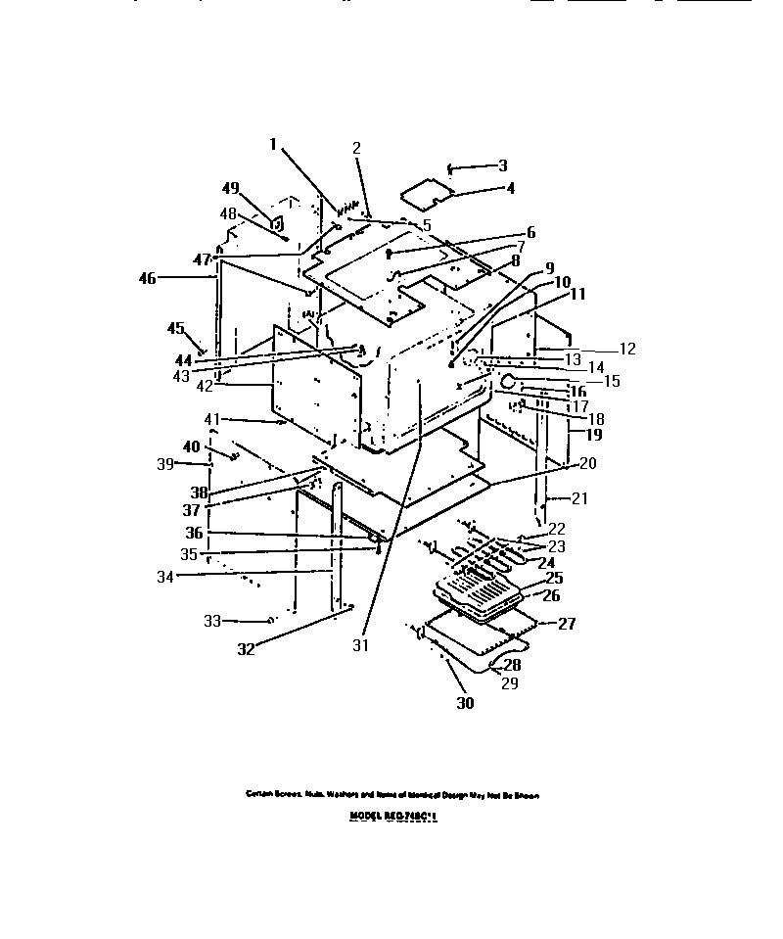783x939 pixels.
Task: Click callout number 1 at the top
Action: (x=275, y=144)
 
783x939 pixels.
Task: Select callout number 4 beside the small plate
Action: (x=510, y=187)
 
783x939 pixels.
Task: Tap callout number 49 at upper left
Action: (x=230, y=188)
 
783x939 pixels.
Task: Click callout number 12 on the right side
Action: (x=626, y=349)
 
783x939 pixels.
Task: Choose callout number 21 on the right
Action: (x=579, y=498)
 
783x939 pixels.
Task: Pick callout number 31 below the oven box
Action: (x=361, y=646)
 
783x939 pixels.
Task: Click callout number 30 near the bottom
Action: (x=466, y=702)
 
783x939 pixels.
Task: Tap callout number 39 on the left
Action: (x=166, y=463)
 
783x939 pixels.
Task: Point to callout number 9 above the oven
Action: (x=549, y=266)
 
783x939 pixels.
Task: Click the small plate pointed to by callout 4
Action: (x=426, y=192)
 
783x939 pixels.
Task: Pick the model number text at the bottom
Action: (x=392, y=815)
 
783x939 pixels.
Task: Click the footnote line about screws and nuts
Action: (x=391, y=795)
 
